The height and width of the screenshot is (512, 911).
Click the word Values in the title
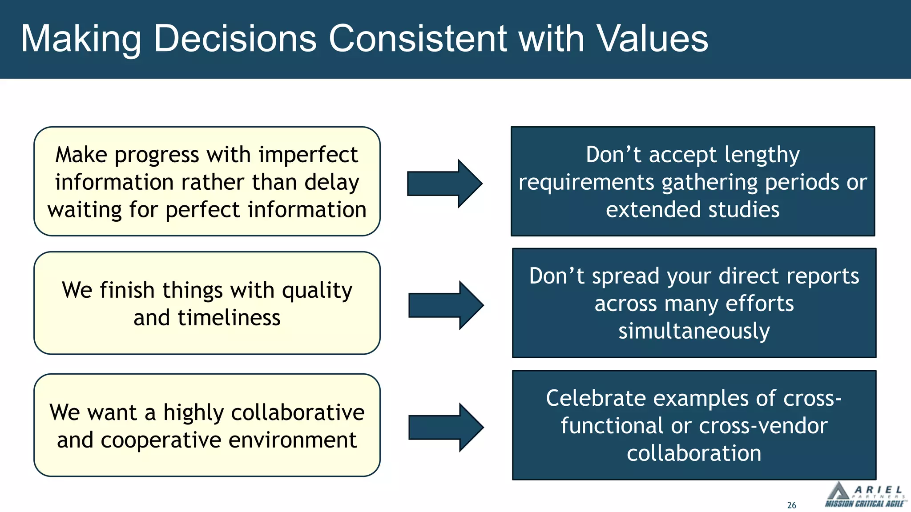pyautogui.click(x=652, y=39)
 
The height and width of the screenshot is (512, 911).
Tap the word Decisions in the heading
pyautogui.click(x=234, y=39)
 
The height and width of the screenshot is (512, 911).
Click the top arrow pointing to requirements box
pyautogui.click(x=444, y=184)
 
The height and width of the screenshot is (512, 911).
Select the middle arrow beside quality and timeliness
pyautogui.click(x=446, y=305)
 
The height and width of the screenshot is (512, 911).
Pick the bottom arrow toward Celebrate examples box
pyautogui.click(x=446, y=428)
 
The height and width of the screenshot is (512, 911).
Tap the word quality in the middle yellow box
pyautogui.click(x=317, y=291)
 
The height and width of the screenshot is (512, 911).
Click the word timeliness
pyautogui.click(x=229, y=318)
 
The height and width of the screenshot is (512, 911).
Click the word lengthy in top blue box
pyautogui.click(x=762, y=155)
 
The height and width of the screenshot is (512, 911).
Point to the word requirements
pyautogui.click(x=587, y=183)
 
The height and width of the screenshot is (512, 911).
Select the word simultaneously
pyautogui.click(x=694, y=331)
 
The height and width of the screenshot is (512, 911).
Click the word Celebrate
pyautogui.click(x=595, y=398)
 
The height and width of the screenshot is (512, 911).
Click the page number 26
pyautogui.click(x=791, y=505)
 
